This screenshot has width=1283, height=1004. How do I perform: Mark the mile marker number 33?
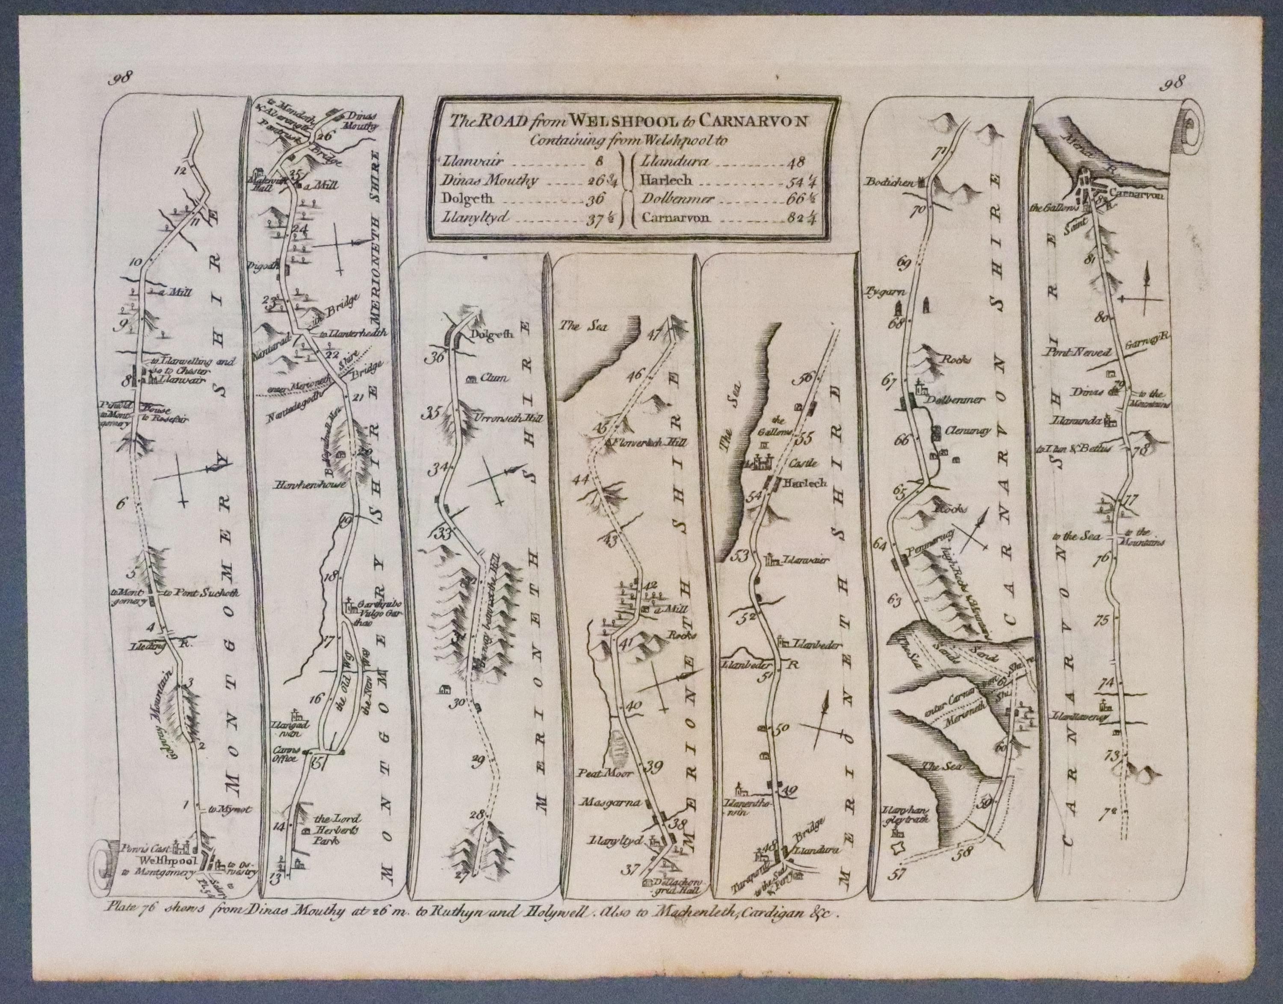pyautogui.click(x=442, y=534)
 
